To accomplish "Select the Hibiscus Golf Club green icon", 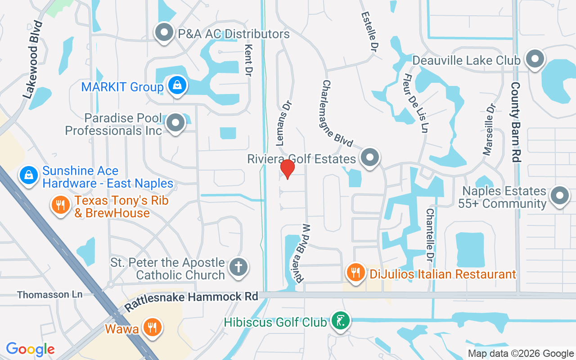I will pos(341,321).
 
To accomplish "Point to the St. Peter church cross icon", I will pos(238,267).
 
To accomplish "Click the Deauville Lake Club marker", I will pos(535,58).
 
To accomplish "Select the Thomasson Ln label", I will pos(49,295).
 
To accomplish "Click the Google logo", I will pos(31,349).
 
